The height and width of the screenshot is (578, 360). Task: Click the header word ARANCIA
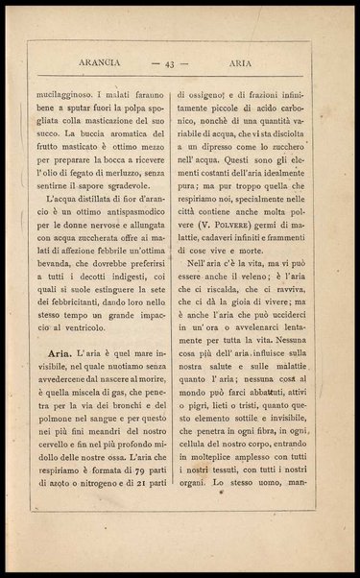(x=95, y=64)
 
